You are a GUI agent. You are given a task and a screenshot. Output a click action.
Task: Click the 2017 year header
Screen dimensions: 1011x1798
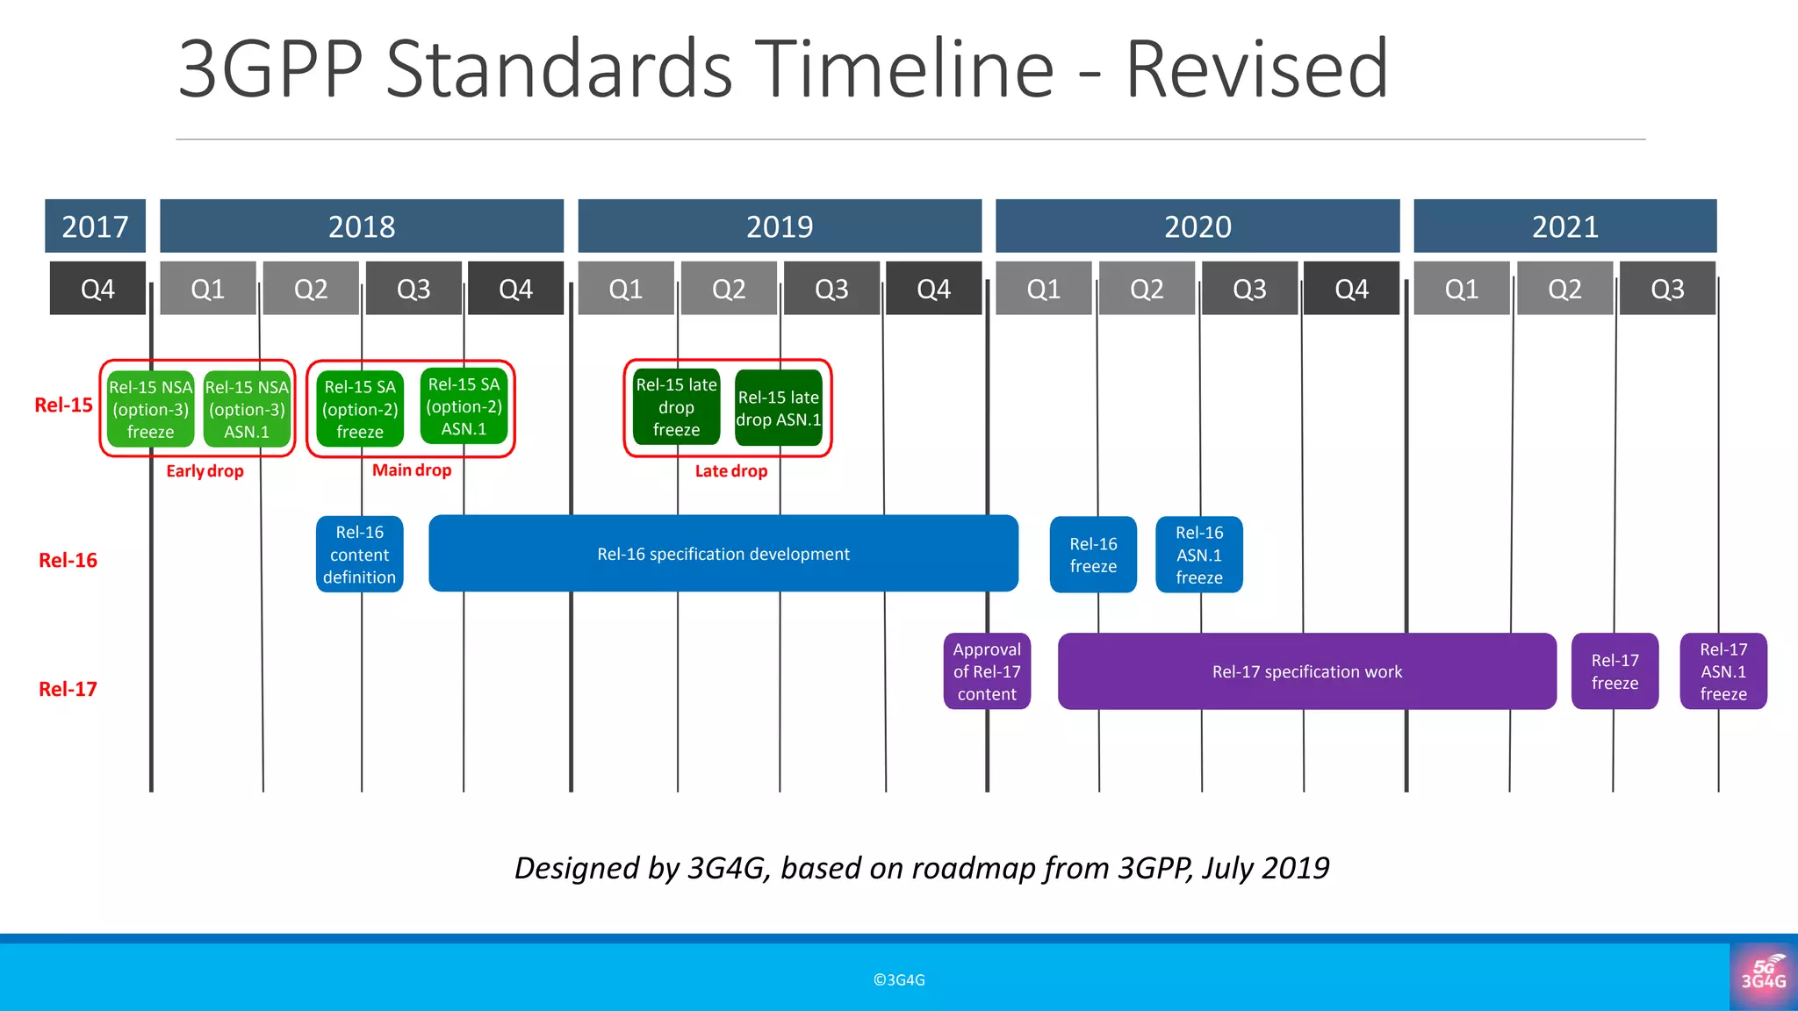(95, 226)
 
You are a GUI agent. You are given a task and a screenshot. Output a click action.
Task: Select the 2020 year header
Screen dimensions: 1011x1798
(1197, 226)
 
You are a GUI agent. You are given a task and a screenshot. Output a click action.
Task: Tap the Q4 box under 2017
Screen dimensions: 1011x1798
(97, 289)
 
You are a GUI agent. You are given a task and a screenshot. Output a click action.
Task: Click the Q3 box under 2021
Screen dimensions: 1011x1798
(1667, 289)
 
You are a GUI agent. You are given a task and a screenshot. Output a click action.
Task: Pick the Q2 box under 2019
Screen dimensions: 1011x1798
(729, 289)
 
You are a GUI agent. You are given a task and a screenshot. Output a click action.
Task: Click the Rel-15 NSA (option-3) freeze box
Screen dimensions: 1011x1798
(150, 409)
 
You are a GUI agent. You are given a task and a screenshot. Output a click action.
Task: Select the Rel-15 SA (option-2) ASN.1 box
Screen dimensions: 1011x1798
(464, 406)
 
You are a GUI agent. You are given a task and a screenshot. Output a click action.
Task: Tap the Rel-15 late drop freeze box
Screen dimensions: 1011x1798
(676, 407)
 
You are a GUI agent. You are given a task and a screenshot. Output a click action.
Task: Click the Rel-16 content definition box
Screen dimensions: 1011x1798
(359, 554)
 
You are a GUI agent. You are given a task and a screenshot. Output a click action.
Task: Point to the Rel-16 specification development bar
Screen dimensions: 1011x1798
(723, 554)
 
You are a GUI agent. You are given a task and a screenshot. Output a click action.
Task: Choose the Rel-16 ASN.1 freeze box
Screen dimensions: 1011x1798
(1198, 555)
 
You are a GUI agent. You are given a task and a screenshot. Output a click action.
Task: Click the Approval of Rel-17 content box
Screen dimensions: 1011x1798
(987, 671)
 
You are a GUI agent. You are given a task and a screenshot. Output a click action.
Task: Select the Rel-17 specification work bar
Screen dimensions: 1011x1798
(1306, 671)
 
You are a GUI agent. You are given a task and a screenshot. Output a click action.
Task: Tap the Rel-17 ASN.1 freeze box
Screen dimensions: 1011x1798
(1722, 671)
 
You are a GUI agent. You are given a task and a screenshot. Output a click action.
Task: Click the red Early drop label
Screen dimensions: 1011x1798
(205, 471)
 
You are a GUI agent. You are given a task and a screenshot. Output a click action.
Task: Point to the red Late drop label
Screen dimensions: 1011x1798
(730, 471)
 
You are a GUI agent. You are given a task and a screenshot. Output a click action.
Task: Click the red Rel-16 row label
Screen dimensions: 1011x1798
(68, 560)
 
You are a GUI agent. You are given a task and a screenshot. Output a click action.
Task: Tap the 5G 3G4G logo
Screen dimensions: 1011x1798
(1763, 975)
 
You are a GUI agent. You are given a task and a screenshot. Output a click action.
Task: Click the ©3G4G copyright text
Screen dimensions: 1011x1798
(899, 980)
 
